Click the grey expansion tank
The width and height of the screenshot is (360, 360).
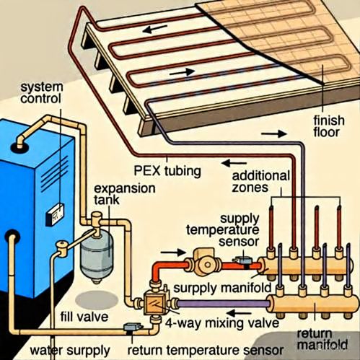pos(97,258)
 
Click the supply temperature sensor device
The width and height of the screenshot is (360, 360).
pos(243,260)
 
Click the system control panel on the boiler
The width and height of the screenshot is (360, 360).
pos(55,214)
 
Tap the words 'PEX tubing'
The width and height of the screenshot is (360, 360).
pos(167,171)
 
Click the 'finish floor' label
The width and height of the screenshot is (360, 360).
pos(329,126)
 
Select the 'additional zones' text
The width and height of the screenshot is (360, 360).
pos(260,182)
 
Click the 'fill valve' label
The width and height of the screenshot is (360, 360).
pos(84,316)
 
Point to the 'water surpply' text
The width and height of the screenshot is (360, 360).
pos(70,351)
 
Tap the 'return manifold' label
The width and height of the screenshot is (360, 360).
pos(322,340)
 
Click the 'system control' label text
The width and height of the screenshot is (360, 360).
pos(41,93)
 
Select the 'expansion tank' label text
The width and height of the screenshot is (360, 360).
pos(124,194)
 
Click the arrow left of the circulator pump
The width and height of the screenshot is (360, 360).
pos(173,253)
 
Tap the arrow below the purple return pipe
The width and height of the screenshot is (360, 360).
pos(240,314)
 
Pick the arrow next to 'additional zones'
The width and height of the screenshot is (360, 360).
pos(234,164)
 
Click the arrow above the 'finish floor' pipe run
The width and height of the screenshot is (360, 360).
pos(274,133)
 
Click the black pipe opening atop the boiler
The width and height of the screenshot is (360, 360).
pos(19,146)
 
